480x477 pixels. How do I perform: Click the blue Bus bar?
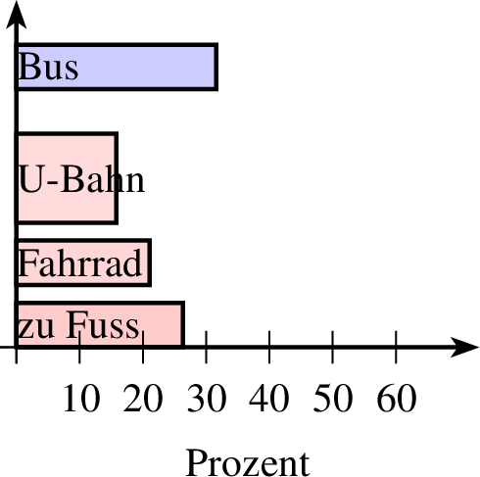117,67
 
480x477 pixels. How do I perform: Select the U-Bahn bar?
67,178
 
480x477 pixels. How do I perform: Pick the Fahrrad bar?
83,262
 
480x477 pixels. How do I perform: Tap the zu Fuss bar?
100,325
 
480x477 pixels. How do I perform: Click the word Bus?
49,67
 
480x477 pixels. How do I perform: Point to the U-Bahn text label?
81,179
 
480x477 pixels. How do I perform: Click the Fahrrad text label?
80,262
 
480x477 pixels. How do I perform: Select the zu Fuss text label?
78,325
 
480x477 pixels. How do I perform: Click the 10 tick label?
81,399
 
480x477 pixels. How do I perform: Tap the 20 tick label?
143,399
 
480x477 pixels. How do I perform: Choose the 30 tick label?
207,399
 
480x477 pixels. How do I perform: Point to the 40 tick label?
269,399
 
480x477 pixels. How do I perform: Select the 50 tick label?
333,399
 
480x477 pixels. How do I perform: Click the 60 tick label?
397,399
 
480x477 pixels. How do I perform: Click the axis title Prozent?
248,463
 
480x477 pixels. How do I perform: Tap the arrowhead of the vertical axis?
16,15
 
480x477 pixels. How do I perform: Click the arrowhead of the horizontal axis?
464,347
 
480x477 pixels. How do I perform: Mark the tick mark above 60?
396,347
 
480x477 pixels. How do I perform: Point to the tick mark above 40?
269,347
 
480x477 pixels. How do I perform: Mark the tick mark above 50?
333,347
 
